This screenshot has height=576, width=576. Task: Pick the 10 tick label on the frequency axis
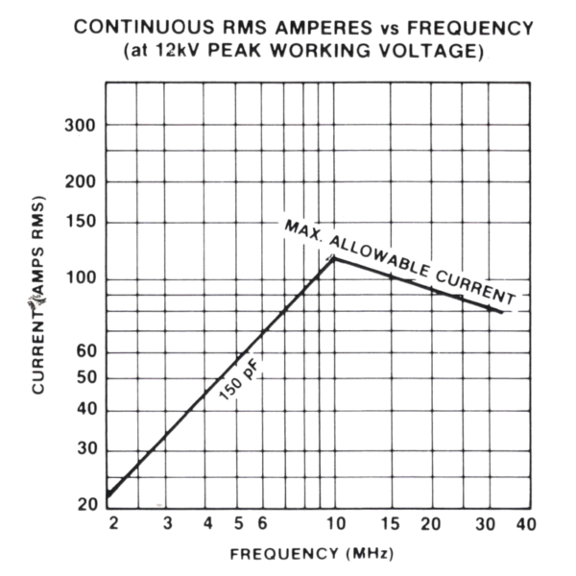tap(335, 523)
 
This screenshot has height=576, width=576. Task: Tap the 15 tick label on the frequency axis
tap(390, 523)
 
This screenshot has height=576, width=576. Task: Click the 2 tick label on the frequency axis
tap(113, 523)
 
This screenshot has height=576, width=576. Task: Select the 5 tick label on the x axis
tap(238, 523)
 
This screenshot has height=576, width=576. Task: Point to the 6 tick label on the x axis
tap(261, 523)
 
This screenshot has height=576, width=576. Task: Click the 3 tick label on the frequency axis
tap(167, 523)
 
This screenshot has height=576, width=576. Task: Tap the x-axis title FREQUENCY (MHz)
tap(311, 554)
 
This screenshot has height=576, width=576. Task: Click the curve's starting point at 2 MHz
tap(108, 496)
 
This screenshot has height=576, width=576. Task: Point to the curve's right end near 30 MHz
tap(500, 311)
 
